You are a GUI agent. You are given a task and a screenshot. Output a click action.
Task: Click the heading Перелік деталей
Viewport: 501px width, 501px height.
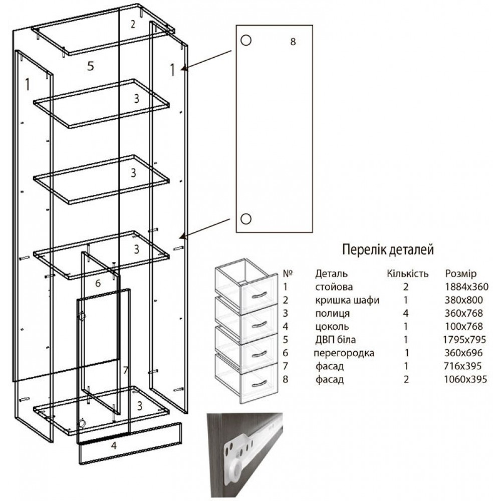point(388,249)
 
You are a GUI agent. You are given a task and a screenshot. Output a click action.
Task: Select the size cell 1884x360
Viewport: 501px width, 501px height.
point(466,287)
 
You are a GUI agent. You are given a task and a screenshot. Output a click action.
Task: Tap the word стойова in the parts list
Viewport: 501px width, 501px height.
point(334,287)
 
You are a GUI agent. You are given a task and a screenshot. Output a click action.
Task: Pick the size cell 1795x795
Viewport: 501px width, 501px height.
point(464,339)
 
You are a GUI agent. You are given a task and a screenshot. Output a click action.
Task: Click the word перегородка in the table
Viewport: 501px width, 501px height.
point(344,353)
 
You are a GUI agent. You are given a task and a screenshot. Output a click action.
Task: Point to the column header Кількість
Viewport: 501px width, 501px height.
point(407,274)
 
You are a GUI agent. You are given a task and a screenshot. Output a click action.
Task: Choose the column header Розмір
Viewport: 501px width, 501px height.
point(461,274)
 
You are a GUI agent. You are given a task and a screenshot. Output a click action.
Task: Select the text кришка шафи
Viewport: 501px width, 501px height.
point(347,300)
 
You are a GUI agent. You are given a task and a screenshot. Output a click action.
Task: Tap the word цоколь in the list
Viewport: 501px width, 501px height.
point(332,327)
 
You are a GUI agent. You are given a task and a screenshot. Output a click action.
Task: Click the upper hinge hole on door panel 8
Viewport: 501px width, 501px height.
point(245,40)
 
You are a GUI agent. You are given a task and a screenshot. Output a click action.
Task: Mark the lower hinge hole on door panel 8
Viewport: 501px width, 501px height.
point(245,219)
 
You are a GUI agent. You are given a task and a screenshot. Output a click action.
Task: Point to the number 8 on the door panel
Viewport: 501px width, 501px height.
point(293,42)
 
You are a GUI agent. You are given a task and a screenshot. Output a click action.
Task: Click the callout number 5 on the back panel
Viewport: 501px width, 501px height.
point(91,66)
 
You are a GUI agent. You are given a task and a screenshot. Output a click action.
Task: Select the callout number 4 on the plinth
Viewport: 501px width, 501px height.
point(114,445)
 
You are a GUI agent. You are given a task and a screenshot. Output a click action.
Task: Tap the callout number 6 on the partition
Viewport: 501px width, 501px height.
point(98,283)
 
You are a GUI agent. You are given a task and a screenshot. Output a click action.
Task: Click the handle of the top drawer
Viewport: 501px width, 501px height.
point(259,295)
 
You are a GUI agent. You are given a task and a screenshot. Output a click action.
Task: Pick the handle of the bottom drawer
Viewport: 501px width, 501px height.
point(259,383)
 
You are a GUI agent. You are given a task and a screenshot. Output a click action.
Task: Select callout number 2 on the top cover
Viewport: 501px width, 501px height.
point(133,24)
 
